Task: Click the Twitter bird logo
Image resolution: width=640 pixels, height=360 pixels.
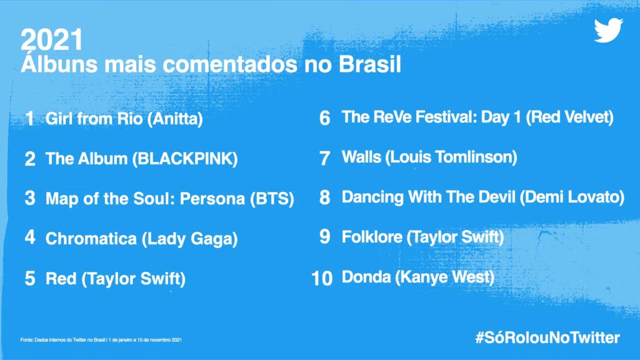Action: (608, 31)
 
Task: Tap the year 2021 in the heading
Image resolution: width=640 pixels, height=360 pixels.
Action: (51, 41)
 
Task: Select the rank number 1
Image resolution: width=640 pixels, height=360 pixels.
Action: (30, 119)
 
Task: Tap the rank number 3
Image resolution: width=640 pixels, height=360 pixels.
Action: (30, 199)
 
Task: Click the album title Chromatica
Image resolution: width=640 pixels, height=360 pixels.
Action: (91, 239)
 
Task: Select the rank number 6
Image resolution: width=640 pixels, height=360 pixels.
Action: (324, 117)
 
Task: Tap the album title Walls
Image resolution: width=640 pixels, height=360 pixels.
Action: (361, 157)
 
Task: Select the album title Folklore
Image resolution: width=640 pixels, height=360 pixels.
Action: (371, 237)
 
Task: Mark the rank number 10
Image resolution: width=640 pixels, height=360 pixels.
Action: (321, 277)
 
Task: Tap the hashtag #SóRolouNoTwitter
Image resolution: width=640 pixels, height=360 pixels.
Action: (547, 338)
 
